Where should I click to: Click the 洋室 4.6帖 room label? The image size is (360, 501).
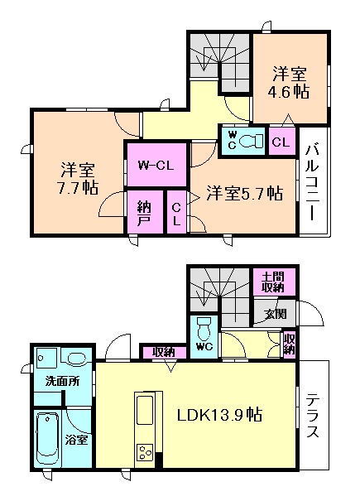[289, 83]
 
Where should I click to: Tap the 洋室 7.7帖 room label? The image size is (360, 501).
[78, 178]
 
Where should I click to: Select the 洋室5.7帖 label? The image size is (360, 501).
[244, 193]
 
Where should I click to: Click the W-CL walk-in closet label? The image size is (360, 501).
[156, 165]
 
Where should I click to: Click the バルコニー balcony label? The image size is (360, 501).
[312, 183]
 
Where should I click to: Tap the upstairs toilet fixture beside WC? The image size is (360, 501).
[251, 141]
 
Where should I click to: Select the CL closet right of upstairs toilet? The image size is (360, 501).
[281, 142]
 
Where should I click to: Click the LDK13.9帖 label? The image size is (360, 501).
[219, 415]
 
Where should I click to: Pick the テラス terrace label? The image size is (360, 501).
[313, 415]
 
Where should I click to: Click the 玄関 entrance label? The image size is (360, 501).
[276, 314]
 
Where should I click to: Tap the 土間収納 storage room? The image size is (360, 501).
[273, 282]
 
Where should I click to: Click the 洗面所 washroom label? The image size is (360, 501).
[62, 381]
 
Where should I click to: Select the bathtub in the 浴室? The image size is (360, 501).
[48, 439]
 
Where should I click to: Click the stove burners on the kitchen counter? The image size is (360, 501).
[145, 452]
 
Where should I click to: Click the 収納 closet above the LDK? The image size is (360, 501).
[163, 353]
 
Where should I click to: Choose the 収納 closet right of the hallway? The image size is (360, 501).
[289, 344]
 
